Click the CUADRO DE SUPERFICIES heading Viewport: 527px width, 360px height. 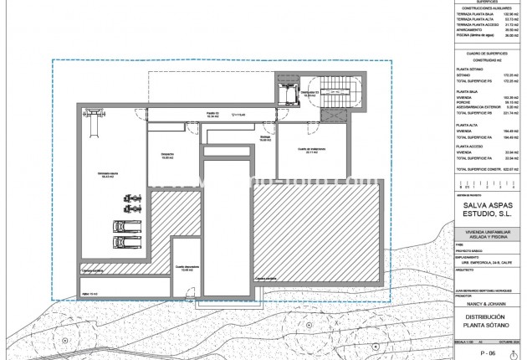tap(484, 54)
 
